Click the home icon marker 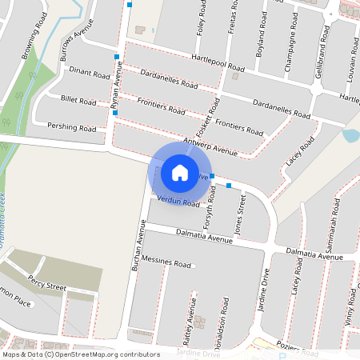click(180, 172)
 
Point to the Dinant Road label click(90, 74)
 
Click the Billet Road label click(78, 102)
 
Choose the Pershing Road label click(71, 128)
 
